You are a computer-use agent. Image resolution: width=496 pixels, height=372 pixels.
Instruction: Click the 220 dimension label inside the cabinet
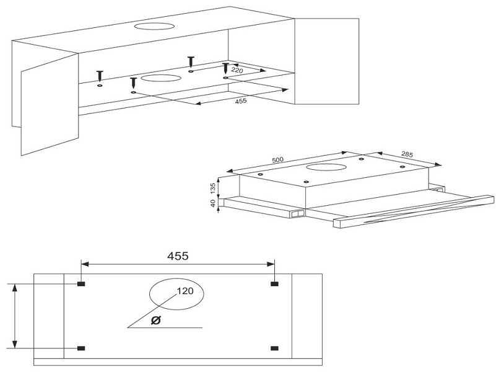pyautogui.click(x=237, y=70)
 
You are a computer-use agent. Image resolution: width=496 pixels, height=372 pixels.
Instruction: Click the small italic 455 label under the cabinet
pyautogui.click(x=241, y=101)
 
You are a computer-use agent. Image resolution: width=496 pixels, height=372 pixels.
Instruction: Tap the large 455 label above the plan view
pyautogui.click(x=178, y=256)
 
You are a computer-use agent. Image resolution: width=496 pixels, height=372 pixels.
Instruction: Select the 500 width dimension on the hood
pyautogui.click(x=278, y=160)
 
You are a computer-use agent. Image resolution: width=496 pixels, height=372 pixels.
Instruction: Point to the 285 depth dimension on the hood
pyautogui.click(x=407, y=154)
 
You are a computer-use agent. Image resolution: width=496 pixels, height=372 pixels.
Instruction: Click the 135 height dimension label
pyautogui.click(x=213, y=188)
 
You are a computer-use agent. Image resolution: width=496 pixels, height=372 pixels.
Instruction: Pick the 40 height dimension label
pyautogui.click(x=213, y=203)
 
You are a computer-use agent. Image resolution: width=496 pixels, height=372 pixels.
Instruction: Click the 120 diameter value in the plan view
pyautogui.click(x=185, y=291)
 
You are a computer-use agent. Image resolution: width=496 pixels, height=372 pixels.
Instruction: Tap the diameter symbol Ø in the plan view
pyautogui.click(x=156, y=320)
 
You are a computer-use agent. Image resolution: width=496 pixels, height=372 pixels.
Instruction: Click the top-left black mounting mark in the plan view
pyautogui.click(x=81, y=284)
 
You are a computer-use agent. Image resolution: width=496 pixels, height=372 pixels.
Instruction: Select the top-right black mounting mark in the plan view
pyautogui.click(x=274, y=284)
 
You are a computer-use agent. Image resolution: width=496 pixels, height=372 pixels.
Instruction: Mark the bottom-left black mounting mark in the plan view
pyautogui.click(x=81, y=348)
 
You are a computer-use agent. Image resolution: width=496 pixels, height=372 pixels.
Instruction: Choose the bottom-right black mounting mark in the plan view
pyautogui.click(x=274, y=348)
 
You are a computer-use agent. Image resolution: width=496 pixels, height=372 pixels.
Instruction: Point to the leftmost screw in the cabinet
pyautogui.click(x=100, y=76)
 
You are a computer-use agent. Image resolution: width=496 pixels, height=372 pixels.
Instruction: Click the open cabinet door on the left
pyautogui.click(x=50, y=105)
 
